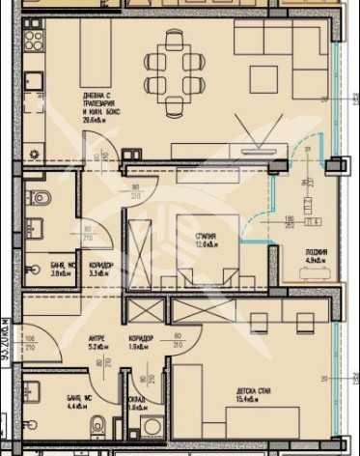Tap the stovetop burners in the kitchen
click(34, 40)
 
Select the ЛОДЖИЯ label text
click(315, 252)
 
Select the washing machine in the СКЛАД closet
click(150, 428)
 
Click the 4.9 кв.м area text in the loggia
click(317, 260)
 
